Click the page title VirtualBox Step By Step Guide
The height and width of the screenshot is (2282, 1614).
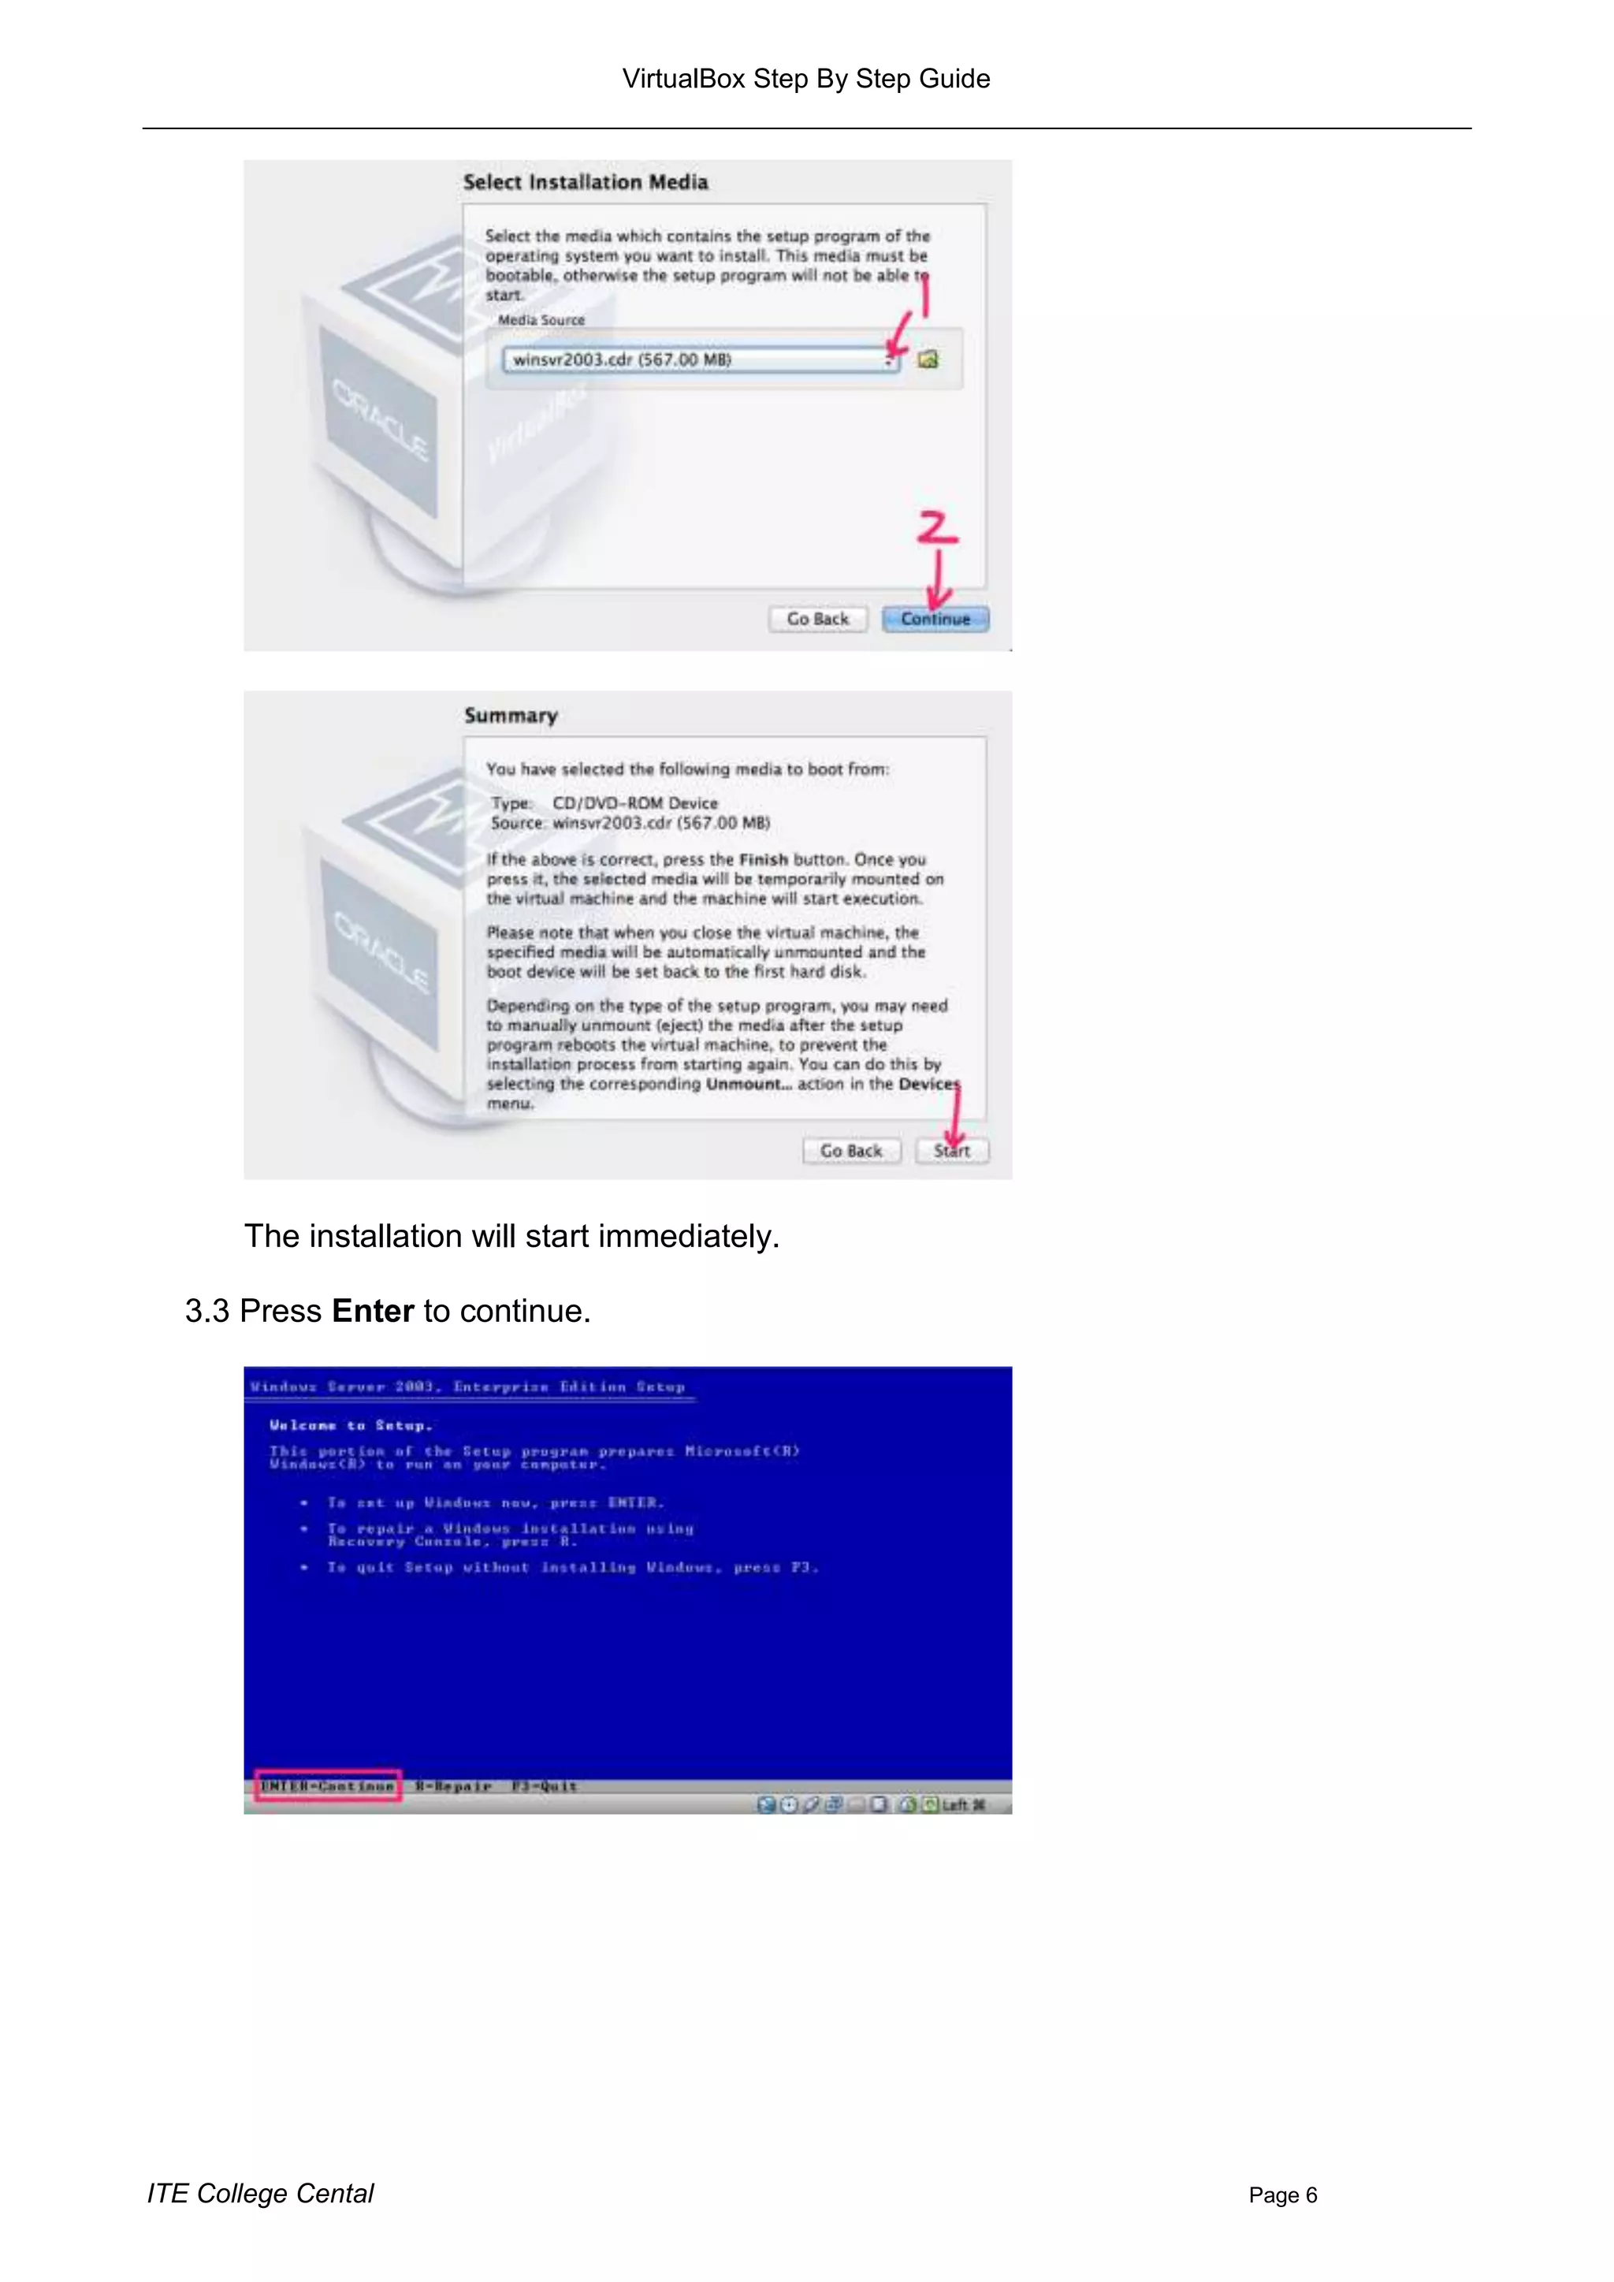pyautogui.click(x=806, y=79)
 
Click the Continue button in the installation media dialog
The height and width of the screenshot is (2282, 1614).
pyautogui.click(x=935, y=620)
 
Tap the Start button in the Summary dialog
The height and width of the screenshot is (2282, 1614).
pyautogui.click(x=952, y=1151)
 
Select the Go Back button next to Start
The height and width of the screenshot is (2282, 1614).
pyautogui.click(x=850, y=1151)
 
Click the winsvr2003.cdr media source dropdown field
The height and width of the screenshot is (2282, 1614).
pyautogui.click(x=696, y=359)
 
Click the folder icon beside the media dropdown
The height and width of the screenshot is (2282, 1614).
pyautogui.click(x=928, y=359)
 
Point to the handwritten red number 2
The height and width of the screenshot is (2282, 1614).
pyautogui.click(x=937, y=527)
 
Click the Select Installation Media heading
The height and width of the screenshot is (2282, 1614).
pyautogui.click(x=586, y=182)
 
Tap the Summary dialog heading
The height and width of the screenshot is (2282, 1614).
pyautogui.click(x=511, y=716)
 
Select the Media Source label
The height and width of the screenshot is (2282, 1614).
pyautogui.click(x=541, y=320)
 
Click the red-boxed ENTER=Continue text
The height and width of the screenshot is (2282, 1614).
pyautogui.click(x=328, y=1786)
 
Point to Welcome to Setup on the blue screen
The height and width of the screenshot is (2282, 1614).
pyautogui.click(x=350, y=1425)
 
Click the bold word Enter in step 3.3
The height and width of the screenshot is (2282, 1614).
pyautogui.click(x=373, y=1311)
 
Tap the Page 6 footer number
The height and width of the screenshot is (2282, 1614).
pyautogui.click(x=1282, y=2195)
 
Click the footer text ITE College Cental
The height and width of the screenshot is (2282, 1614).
pyautogui.click(x=260, y=2194)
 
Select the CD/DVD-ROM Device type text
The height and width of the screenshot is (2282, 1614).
pyautogui.click(x=635, y=803)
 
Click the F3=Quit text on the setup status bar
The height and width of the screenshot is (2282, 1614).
pyautogui.click(x=544, y=1786)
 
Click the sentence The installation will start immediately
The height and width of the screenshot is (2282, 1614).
pyautogui.click(x=511, y=1237)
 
